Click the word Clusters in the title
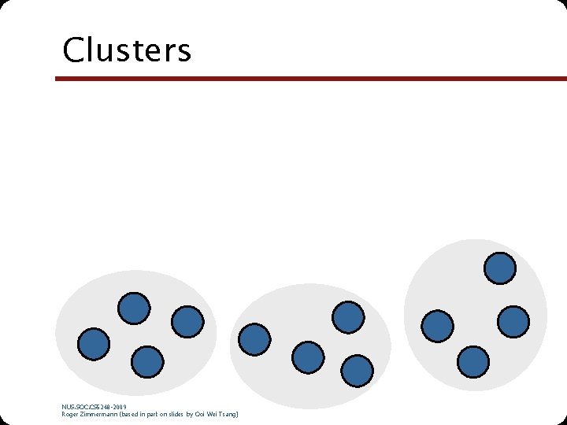[x=127, y=50]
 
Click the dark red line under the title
[x=310, y=79]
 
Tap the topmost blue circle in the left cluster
[x=134, y=308]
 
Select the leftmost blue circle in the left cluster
[x=94, y=344]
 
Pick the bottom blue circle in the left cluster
[x=147, y=362]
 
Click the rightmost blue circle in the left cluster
[x=187, y=321]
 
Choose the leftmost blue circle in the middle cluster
[x=254, y=338]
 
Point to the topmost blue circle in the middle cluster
[x=347, y=316]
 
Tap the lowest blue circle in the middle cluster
[x=358, y=370]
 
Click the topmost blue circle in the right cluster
[x=500, y=268]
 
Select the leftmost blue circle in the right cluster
[x=437, y=326]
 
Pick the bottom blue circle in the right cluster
[x=472, y=361]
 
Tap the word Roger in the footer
[x=70, y=414]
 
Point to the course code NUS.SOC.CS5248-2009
[x=94, y=407]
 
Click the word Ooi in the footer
[x=200, y=414]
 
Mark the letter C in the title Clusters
[x=72, y=50]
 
